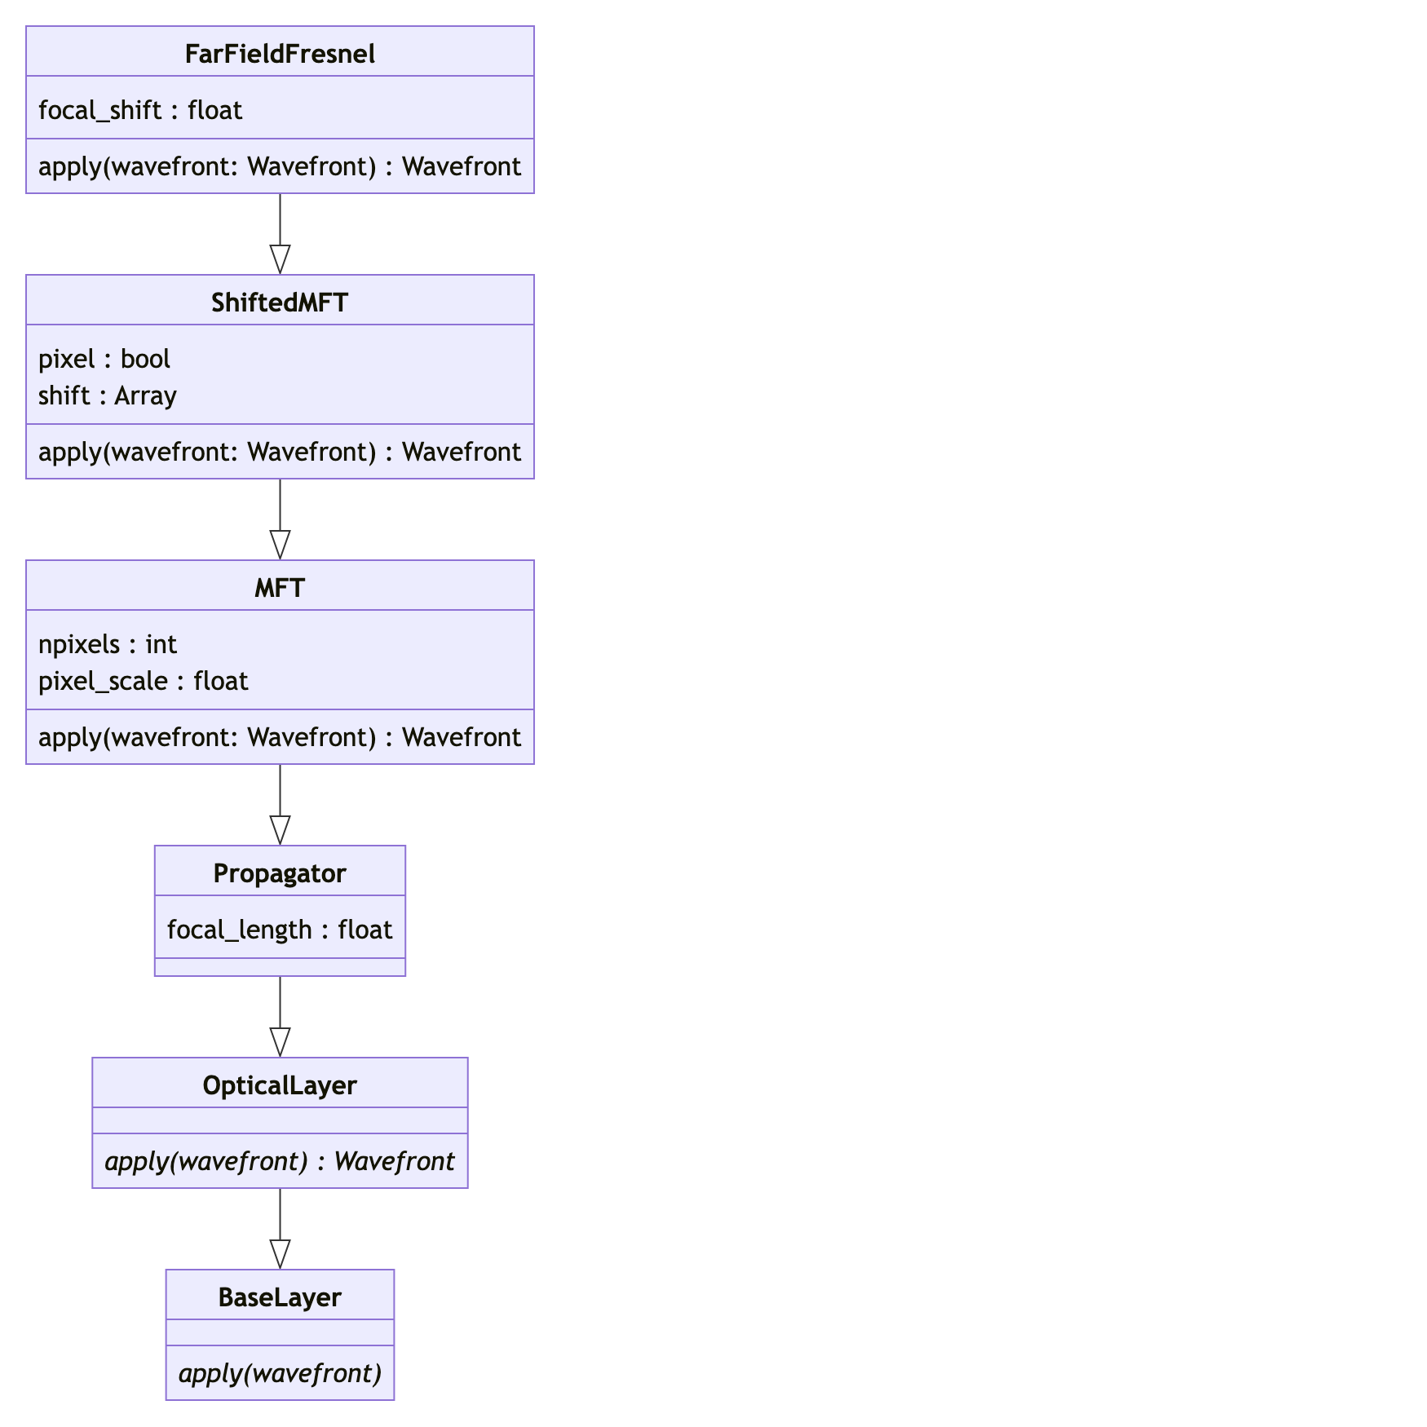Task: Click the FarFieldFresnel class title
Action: (280, 54)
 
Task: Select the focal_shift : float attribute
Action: (140, 110)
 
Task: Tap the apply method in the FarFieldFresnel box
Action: (280, 166)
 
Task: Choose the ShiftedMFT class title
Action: (280, 303)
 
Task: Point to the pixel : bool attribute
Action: (104, 359)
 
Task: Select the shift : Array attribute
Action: (108, 395)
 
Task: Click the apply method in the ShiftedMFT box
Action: (280, 452)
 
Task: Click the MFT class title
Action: (280, 588)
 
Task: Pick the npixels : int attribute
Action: (108, 644)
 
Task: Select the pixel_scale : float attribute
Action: (144, 681)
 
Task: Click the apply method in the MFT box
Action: (280, 737)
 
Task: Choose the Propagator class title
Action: (280, 873)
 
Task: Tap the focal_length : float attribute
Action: (280, 930)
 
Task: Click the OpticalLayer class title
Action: (280, 1085)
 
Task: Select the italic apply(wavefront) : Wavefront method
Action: (280, 1161)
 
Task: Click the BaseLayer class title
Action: (280, 1297)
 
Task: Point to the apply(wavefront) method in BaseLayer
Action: (280, 1373)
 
